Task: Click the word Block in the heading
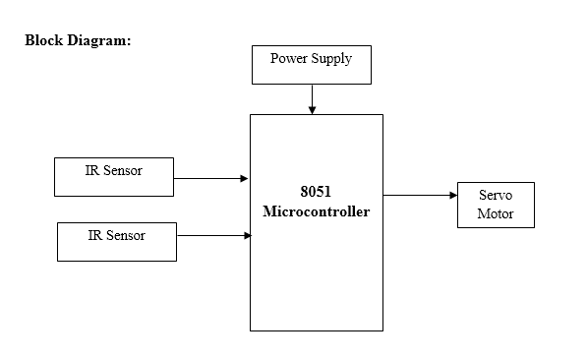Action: click(x=44, y=41)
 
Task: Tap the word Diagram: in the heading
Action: click(x=99, y=41)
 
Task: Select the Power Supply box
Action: click(x=312, y=65)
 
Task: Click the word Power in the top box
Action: click(x=288, y=58)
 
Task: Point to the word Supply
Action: click(x=331, y=59)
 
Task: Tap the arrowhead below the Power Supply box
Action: click(x=312, y=110)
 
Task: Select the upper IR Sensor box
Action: click(x=114, y=177)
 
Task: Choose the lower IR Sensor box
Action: click(x=116, y=242)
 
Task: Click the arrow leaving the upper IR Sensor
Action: click(x=209, y=179)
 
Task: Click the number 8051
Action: click(x=316, y=192)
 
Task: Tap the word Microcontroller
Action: click(x=316, y=211)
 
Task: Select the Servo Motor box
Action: click(x=496, y=205)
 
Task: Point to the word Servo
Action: click(x=496, y=196)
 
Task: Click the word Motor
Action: click(x=496, y=213)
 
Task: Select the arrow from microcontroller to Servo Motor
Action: click(x=419, y=195)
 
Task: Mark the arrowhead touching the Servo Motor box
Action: click(x=452, y=195)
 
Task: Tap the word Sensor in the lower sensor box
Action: click(x=126, y=235)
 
